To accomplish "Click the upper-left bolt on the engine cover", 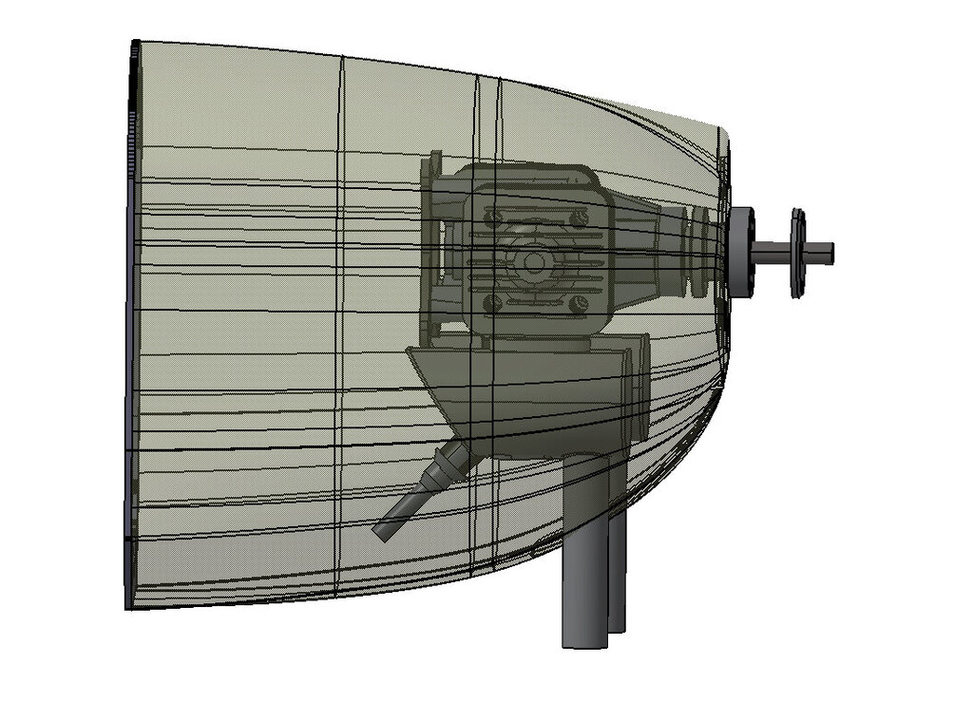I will (492, 218).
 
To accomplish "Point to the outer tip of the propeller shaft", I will (830, 253).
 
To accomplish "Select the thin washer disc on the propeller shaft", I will (797, 253).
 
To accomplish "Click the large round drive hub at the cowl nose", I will (740, 252).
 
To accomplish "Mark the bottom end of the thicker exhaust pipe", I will (582, 642).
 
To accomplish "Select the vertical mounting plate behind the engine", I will (433, 252).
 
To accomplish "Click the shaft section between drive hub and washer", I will (772, 253).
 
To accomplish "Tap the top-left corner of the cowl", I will (135, 43).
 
